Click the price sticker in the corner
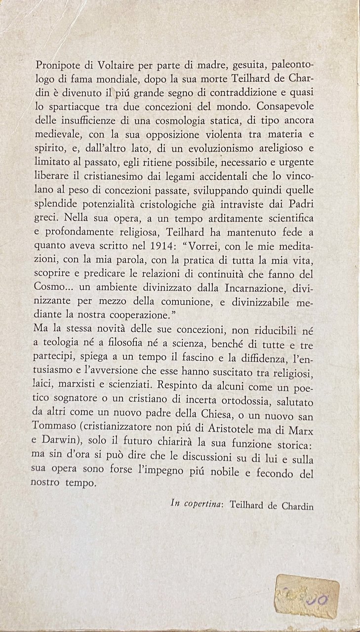307,595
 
